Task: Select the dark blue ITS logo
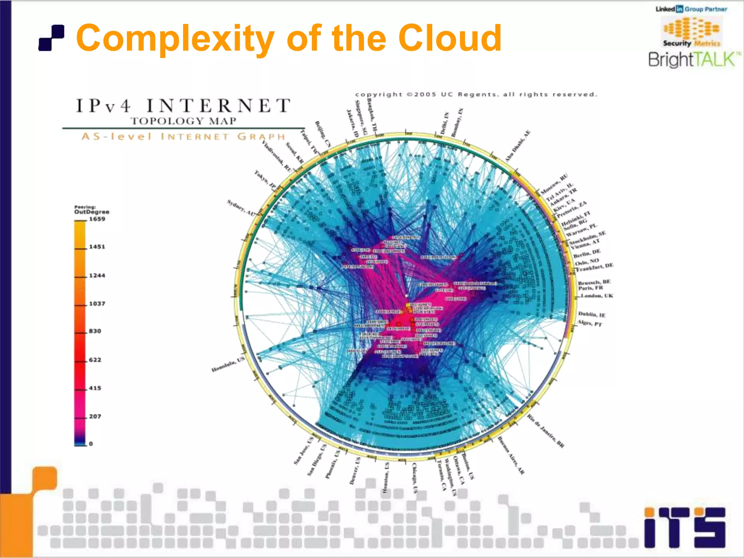(x=685, y=527)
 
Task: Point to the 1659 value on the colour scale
(x=97, y=219)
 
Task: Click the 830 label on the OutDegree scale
(x=95, y=331)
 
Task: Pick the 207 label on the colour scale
(x=95, y=416)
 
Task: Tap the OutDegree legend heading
(x=92, y=211)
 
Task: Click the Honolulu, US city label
(x=228, y=364)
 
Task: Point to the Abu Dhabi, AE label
(x=518, y=146)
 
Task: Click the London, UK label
(x=597, y=296)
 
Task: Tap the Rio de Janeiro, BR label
(x=546, y=431)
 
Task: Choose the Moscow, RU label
(x=554, y=184)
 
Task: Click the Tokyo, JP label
(x=265, y=179)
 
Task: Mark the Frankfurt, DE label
(x=595, y=267)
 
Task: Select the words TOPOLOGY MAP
(x=183, y=121)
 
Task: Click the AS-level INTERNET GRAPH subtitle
(x=183, y=137)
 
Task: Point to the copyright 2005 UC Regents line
(x=476, y=94)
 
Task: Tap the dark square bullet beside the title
(x=52, y=37)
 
